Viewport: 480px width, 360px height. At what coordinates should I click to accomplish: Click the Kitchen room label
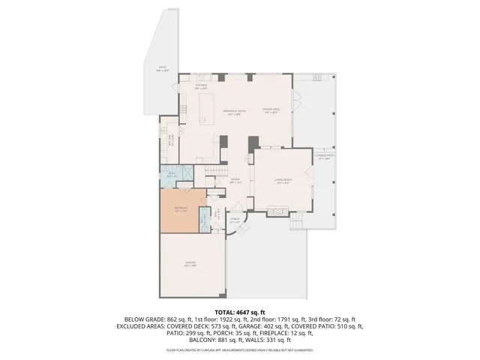click(x=201, y=86)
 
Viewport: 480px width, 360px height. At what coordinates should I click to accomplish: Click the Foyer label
click(x=235, y=181)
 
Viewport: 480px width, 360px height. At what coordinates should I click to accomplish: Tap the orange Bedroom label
click(x=181, y=209)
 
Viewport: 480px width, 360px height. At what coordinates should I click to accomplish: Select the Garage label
click(x=190, y=264)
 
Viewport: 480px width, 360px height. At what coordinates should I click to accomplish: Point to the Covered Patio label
click(x=324, y=157)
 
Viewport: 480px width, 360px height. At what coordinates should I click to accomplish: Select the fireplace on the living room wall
click(x=277, y=212)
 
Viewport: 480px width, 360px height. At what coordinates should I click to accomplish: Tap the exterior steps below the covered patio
click(x=298, y=222)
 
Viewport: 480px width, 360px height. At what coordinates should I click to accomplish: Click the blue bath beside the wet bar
click(x=171, y=175)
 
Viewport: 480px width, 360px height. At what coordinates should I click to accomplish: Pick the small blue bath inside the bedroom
click(x=203, y=220)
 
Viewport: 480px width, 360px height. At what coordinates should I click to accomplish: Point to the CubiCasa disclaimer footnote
click(x=239, y=349)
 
